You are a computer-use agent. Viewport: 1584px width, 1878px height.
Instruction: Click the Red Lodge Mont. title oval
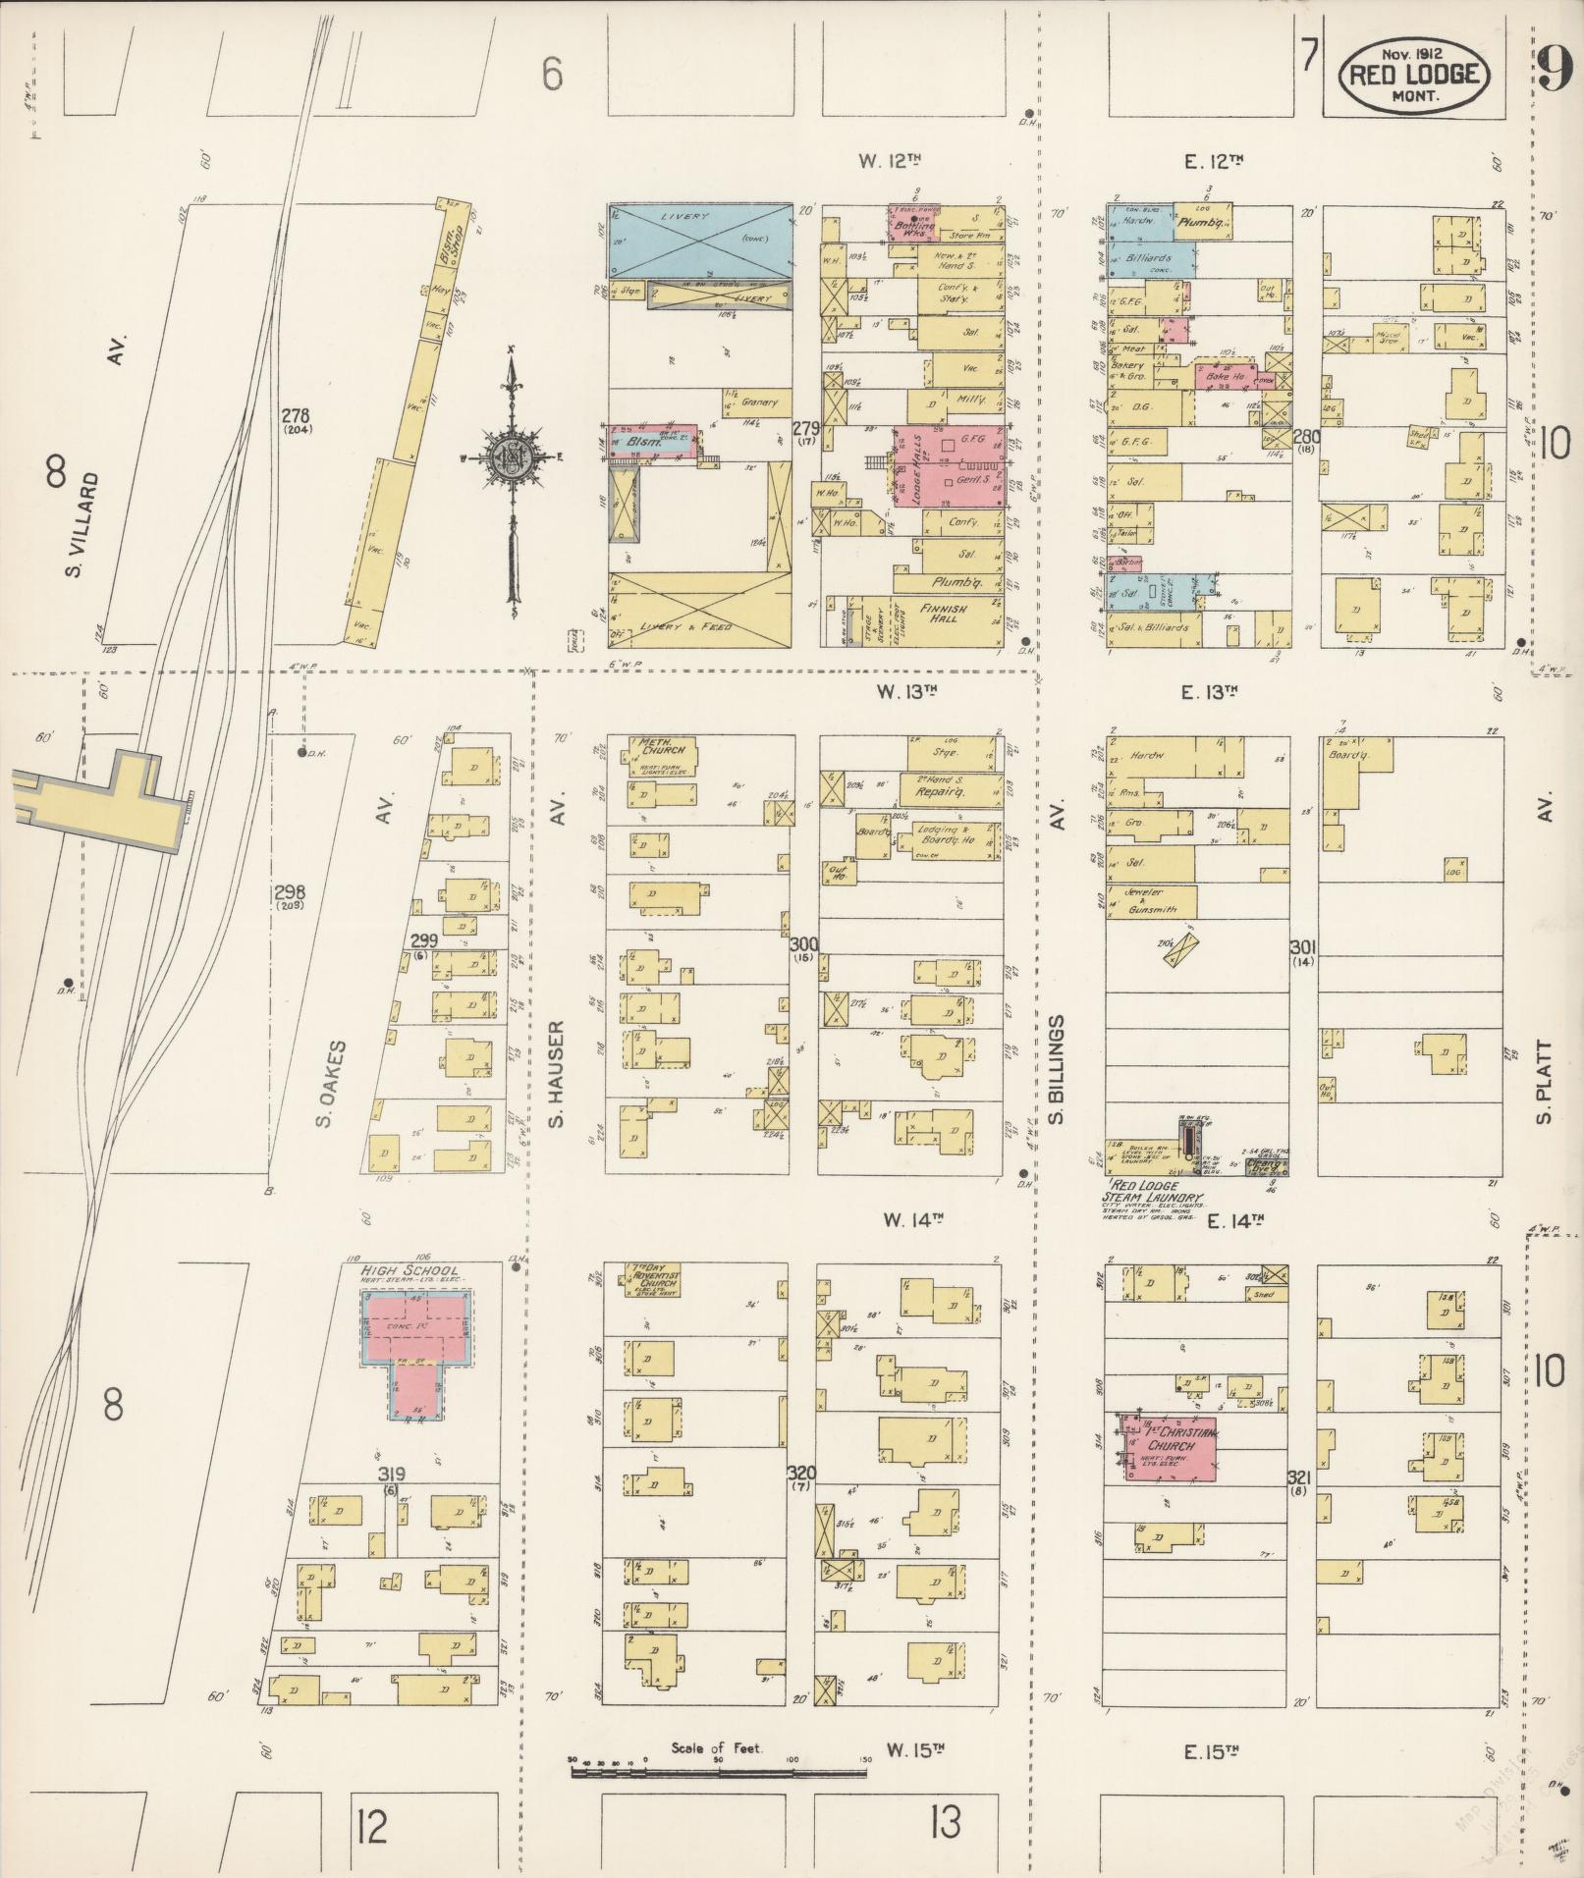click(x=1414, y=77)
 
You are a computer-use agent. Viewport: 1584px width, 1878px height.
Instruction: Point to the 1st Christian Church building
click(x=1171, y=1447)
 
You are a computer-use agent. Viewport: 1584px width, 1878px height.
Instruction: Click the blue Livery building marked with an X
click(x=700, y=241)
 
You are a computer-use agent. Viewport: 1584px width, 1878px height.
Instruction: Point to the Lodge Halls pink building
click(x=945, y=465)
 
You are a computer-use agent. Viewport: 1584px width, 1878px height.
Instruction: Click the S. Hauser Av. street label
click(x=557, y=1075)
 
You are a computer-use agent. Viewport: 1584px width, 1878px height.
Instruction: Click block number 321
click(x=1301, y=1477)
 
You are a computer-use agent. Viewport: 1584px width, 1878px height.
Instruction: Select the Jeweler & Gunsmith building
click(x=1151, y=900)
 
